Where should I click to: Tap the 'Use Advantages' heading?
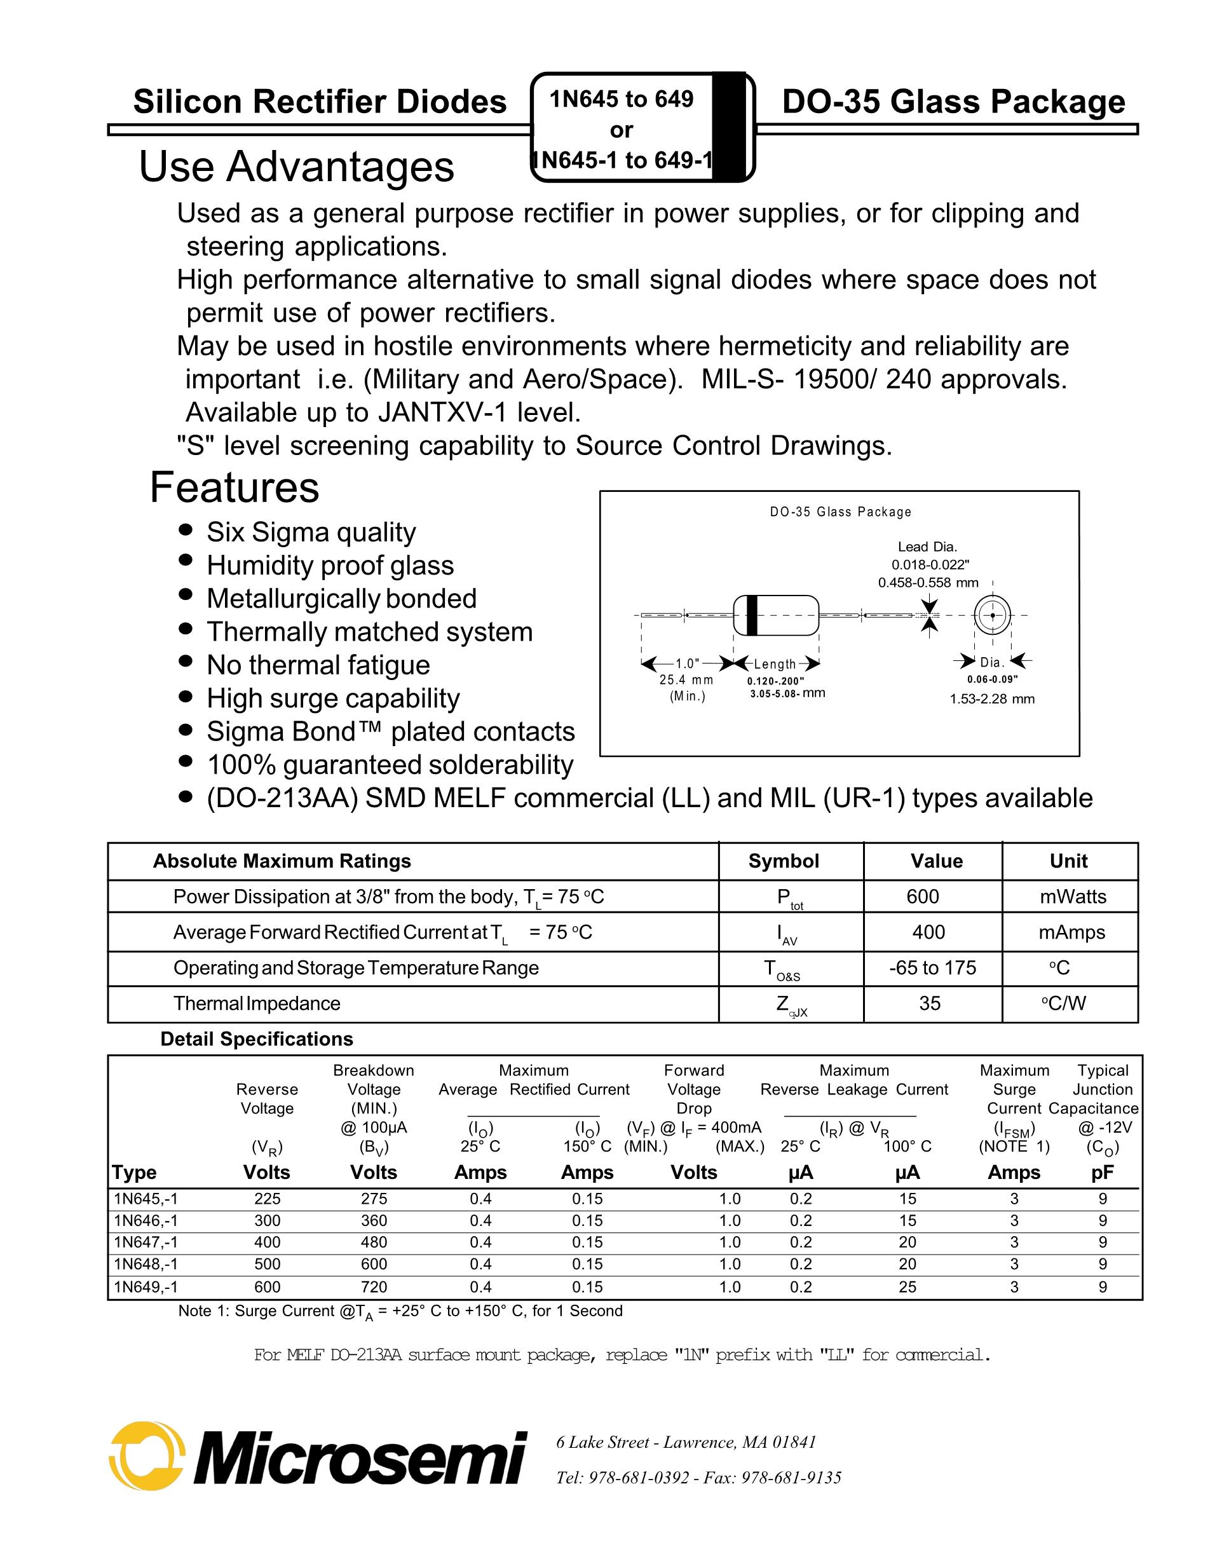click(x=296, y=167)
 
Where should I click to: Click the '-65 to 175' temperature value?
click(x=932, y=968)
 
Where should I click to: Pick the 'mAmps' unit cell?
click(x=1071, y=932)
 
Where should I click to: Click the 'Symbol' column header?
click(x=784, y=861)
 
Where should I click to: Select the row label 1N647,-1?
click(x=146, y=1242)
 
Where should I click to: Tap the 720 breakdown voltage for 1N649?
click(x=374, y=1286)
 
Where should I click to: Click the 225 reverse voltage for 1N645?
click(x=268, y=1198)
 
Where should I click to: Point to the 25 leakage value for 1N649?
click(x=907, y=1286)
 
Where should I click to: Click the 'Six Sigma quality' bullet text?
click(x=311, y=532)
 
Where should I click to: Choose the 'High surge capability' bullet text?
click(x=334, y=698)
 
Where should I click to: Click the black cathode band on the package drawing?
click(x=751, y=615)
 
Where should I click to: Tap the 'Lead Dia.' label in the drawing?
click(x=928, y=547)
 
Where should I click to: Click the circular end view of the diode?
click(x=992, y=615)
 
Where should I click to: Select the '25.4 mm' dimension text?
click(x=686, y=680)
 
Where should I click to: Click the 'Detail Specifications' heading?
click(x=257, y=1039)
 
